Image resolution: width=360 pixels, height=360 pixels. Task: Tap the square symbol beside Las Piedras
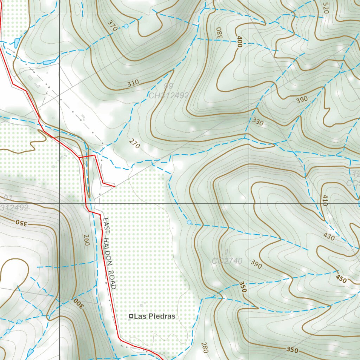131,316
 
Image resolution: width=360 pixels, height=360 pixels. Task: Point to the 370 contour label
112,26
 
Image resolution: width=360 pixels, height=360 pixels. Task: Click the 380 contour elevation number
220,33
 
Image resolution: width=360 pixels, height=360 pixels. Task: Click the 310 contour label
133,83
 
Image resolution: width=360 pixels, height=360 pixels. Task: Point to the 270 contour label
134,144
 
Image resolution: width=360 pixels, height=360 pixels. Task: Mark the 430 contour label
329,237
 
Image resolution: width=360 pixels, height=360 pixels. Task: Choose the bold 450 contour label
341,279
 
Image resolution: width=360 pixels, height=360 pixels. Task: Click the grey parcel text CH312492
169,95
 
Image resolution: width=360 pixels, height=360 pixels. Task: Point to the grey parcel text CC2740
227,261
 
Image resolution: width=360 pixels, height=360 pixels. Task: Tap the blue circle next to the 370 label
126,26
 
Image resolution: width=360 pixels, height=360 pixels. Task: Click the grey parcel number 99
169,86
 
